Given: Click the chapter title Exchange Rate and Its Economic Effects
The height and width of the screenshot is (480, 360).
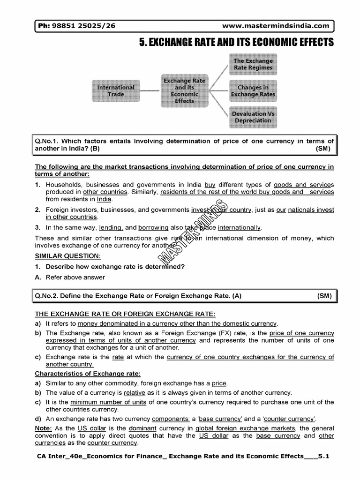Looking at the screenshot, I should [237, 43].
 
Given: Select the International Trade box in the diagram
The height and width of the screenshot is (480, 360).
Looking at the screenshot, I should [116, 90].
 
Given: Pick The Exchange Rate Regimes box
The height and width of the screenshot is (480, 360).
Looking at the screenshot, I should [253, 64].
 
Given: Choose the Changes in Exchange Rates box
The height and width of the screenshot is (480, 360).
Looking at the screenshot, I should [253, 90].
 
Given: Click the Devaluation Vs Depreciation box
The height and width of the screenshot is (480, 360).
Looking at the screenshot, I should [253, 117].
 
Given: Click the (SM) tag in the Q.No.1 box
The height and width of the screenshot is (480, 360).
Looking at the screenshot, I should [323, 149].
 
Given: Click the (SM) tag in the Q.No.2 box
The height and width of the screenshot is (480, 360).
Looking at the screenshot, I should [323, 296].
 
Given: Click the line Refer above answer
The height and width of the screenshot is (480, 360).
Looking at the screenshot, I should [75, 277].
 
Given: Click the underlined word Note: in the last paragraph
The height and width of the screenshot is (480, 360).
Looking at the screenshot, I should [44, 428].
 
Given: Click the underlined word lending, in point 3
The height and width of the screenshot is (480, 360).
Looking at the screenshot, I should [111, 227].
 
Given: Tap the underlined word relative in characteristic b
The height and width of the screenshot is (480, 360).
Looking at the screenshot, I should [135, 392].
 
